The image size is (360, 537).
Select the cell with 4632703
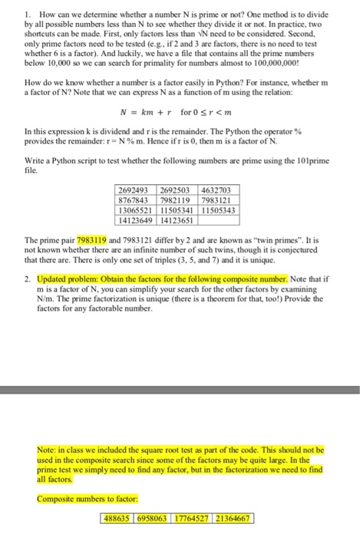(x=220, y=190)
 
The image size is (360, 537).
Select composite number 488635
(x=118, y=519)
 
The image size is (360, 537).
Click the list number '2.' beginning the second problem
(x=28, y=278)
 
